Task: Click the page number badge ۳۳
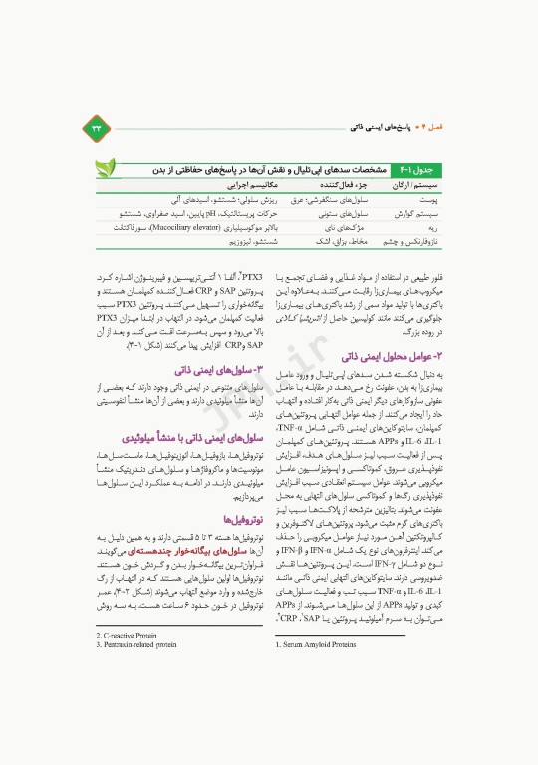tap(97, 127)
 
